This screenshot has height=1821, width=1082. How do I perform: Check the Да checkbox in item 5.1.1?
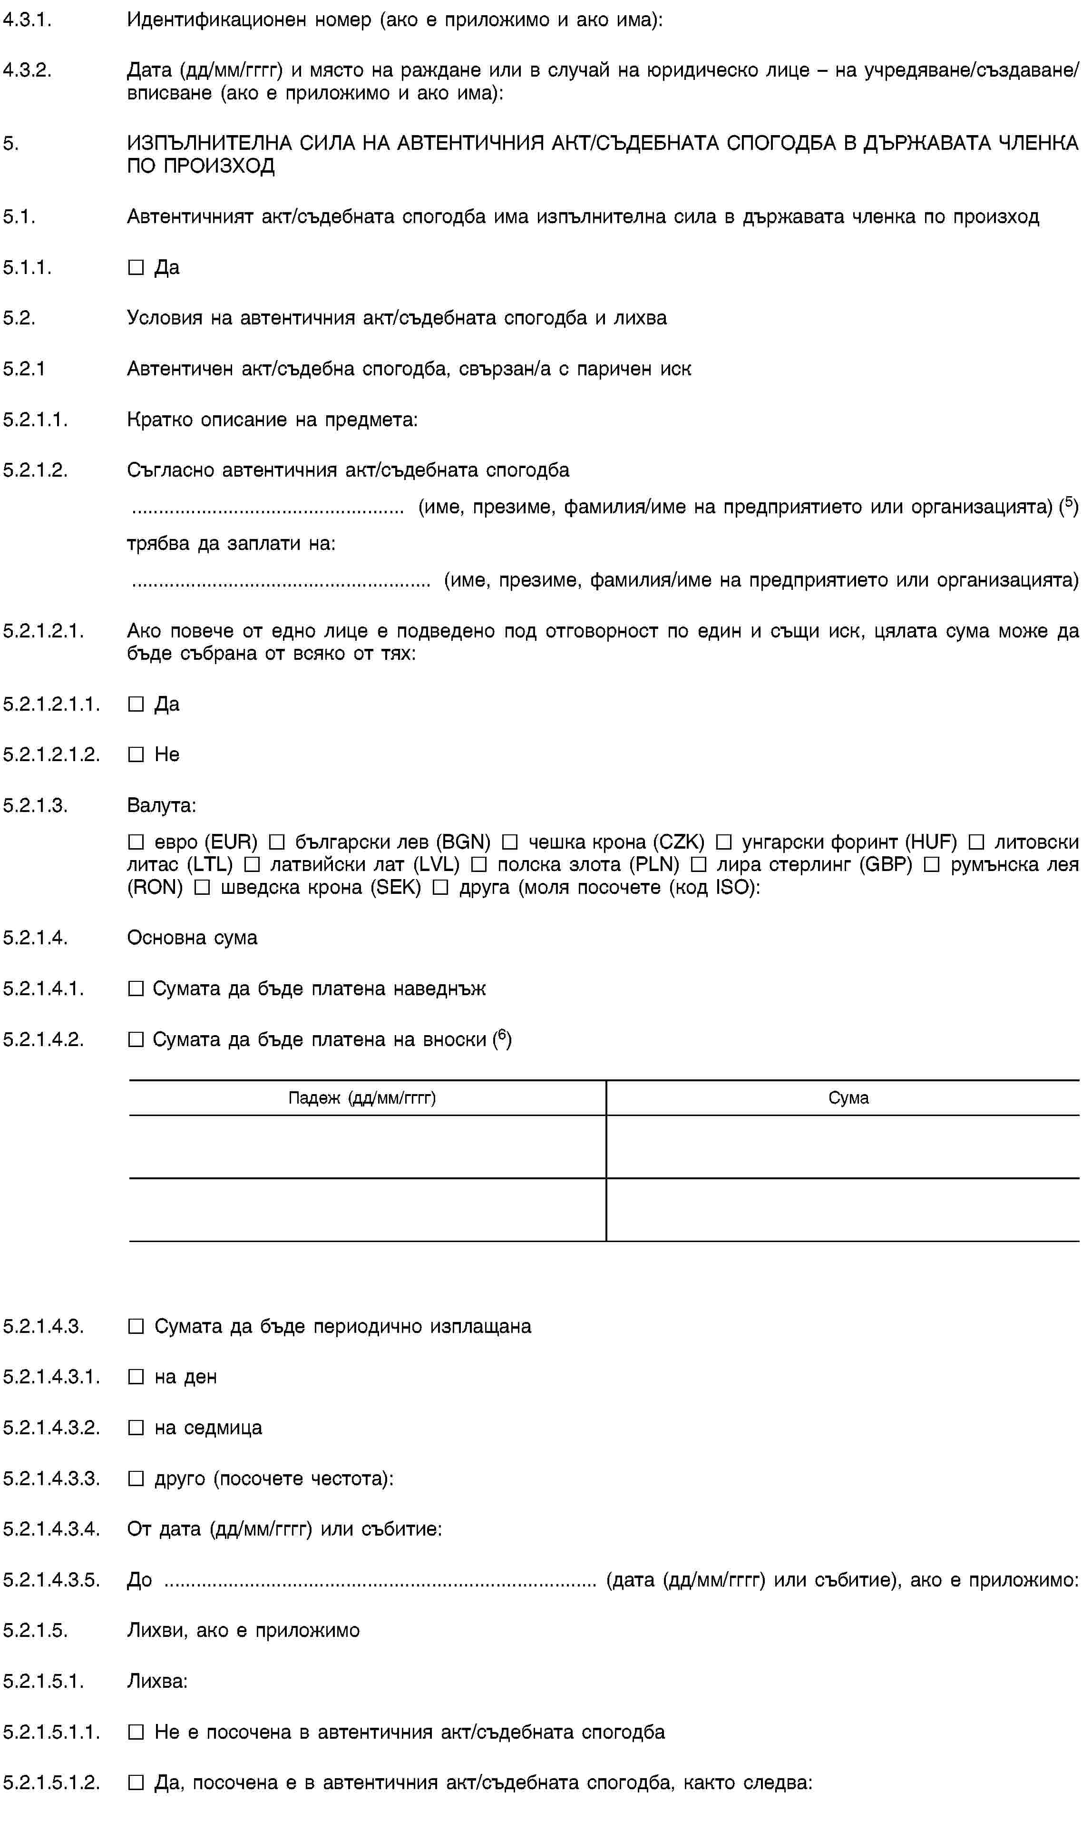[x=136, y=268]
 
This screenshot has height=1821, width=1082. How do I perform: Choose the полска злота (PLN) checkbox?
[x=479, y=865]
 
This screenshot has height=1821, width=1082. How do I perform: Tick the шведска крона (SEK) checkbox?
[x=203, y=888]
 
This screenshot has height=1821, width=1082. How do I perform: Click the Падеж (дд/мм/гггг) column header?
[x=362, y=1097]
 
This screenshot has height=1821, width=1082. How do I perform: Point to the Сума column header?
[x=848, y=1097]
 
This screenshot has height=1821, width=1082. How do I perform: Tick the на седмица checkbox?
[x=136, y=1427]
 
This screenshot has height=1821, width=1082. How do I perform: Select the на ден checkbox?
[x=136, y=1377]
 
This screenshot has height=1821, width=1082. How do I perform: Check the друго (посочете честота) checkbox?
[x=136, y=1478]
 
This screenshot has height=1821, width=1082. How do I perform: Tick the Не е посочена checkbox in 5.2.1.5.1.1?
[x=136, y=1732]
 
